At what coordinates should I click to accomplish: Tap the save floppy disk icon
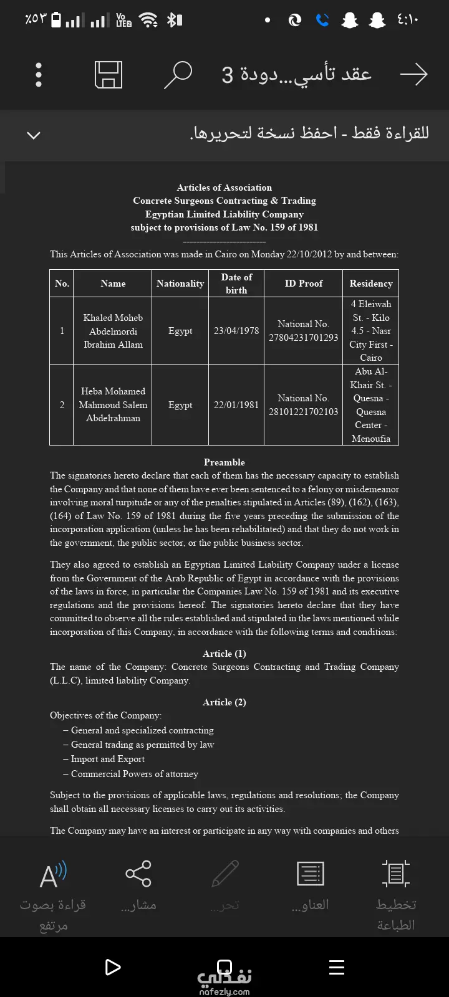[109, 75]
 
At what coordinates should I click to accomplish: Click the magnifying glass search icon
[178, 75]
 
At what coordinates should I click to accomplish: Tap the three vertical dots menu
[39, 75]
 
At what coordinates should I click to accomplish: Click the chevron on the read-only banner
[34, 135]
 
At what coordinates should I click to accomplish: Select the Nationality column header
[180, 284]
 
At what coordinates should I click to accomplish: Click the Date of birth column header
[236, 284]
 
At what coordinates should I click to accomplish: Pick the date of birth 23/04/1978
[236, 331]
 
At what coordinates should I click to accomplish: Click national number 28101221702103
[304, 412]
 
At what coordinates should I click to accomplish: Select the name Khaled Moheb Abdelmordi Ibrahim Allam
[113, 331]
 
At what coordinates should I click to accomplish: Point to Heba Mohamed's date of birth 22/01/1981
[236, 405]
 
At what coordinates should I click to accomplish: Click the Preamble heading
[224, 462]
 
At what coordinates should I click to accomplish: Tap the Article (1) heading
[224, 654]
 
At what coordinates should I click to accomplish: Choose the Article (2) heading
[224, 702]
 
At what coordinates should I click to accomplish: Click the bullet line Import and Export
[107, 759]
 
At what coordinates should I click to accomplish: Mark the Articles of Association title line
[224, 188]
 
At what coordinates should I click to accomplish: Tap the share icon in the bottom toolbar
[138, 874]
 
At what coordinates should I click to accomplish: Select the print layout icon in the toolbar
[395, 874]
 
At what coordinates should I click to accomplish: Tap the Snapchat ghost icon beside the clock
[377, 21]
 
